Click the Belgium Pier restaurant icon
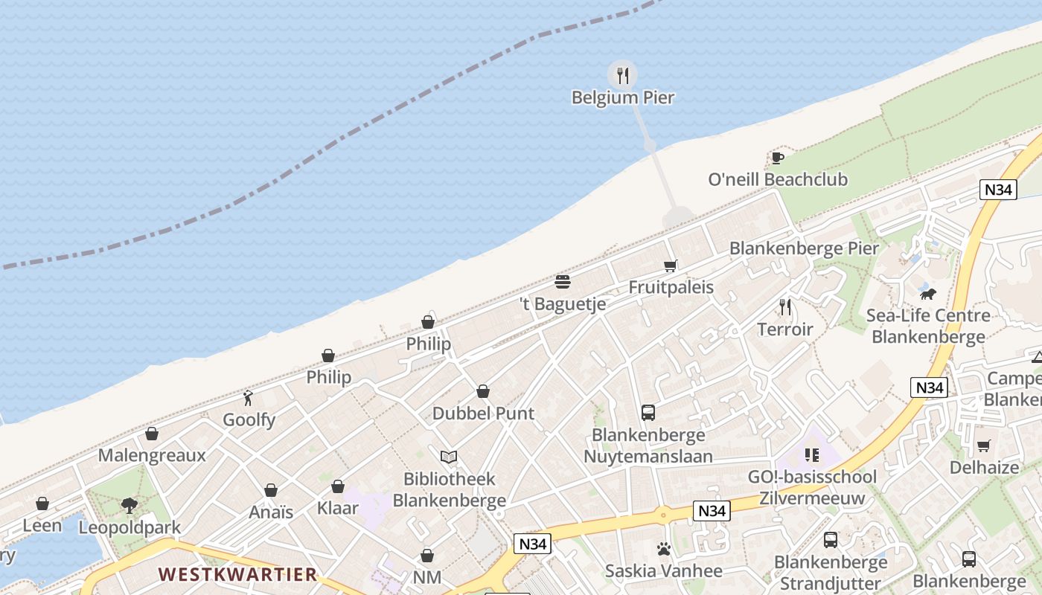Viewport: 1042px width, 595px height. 623,74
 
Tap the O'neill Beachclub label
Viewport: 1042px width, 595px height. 778,180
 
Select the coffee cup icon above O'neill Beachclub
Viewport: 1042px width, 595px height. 778,158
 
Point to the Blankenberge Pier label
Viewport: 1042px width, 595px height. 804,248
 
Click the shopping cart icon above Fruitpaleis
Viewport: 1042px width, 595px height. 671,266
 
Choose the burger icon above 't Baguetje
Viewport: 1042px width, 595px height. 563,282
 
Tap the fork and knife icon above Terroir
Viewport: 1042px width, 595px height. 784,306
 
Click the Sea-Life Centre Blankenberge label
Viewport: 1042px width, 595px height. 928,326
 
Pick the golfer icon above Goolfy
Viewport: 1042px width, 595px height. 249,398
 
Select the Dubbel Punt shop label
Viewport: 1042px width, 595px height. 483,414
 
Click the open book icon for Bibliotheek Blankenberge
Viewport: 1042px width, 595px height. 449,457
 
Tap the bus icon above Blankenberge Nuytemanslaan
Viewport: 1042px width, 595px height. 648,412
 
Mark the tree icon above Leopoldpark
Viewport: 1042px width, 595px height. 130,506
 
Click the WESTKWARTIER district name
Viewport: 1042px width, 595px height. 238,574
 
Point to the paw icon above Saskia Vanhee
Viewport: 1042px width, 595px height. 664,549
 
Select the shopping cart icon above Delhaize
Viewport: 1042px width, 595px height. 984,446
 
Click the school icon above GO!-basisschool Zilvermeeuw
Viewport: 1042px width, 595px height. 811,454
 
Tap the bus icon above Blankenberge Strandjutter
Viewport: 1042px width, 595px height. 831,540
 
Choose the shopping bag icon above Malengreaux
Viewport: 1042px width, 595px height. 152,434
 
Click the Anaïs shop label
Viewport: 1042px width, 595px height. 271,512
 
